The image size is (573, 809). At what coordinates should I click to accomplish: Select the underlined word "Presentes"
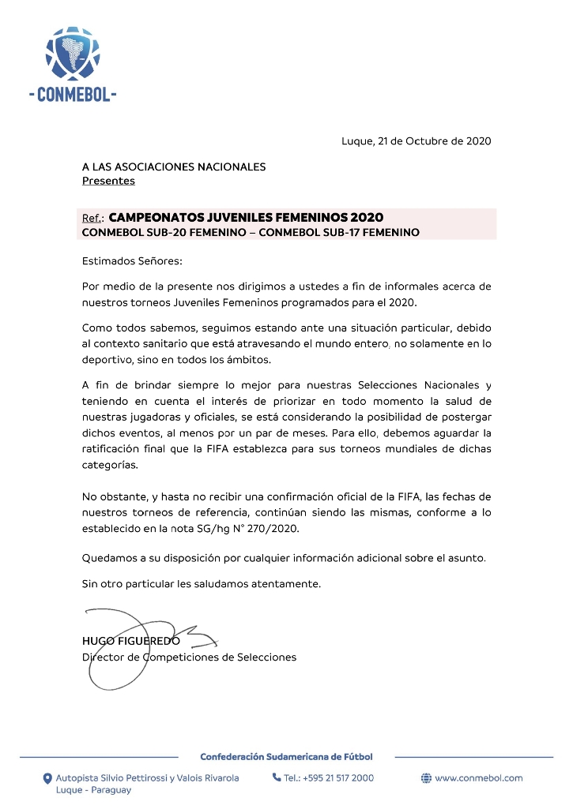(108, 181)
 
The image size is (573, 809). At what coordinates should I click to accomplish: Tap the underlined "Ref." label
(93, 218)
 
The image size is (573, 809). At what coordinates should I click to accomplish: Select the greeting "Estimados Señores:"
(132, 260)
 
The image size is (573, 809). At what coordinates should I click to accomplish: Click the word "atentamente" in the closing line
(285, 584)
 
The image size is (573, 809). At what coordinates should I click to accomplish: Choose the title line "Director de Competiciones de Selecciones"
(190, 657)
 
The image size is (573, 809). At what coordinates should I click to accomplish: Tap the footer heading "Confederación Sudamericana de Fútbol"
(286, 757)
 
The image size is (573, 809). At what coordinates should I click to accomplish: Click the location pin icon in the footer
(47, 778)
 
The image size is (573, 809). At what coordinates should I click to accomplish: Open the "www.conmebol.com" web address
(479, 778)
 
